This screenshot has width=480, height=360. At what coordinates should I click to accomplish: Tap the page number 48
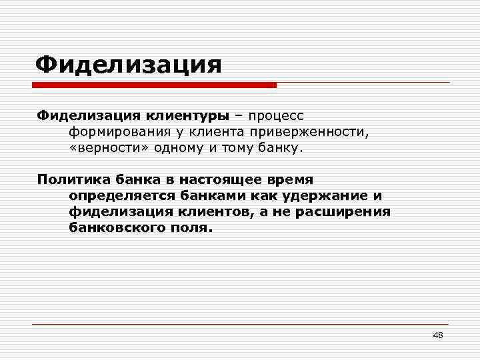pos(437,335)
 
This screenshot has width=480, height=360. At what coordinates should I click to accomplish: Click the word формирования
pos(115,131)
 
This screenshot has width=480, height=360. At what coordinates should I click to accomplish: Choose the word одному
pos(177,147)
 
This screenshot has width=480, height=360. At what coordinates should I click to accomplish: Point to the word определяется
pos(119,195)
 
